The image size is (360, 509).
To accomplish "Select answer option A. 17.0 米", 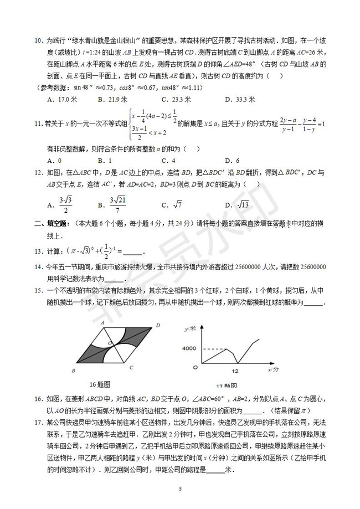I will point(59,100).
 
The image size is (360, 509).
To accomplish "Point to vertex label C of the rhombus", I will point(130,367).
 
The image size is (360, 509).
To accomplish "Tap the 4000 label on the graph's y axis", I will point(189,348).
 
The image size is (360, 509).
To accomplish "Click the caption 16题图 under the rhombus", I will point(100,384).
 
